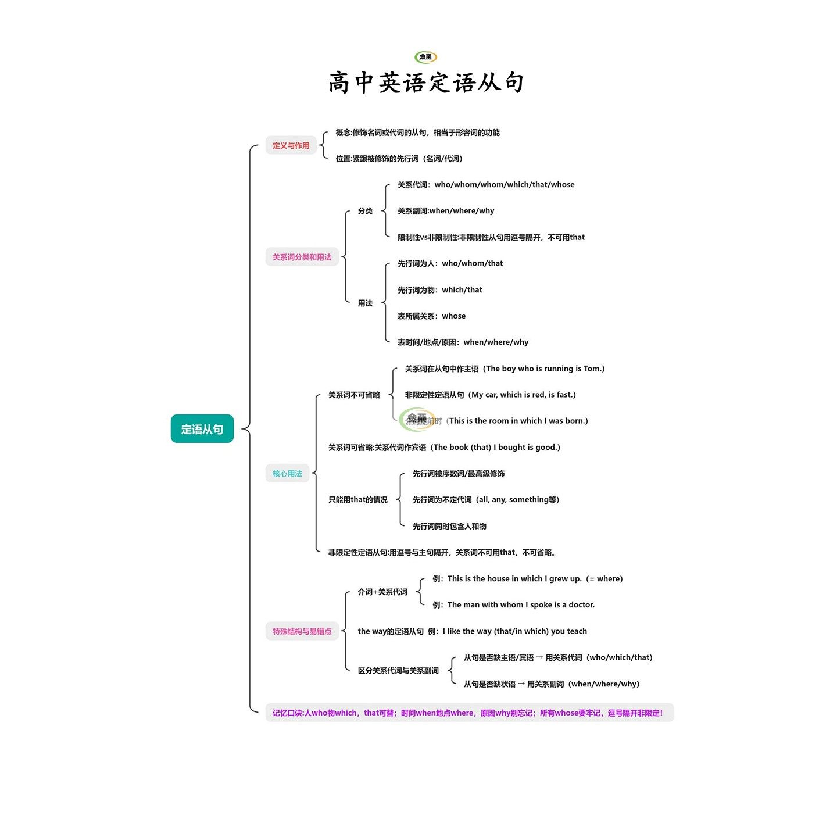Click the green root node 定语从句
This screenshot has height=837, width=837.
[202, 429]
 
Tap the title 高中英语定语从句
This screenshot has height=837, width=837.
[426, 83]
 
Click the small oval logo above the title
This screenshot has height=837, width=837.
[425, 57]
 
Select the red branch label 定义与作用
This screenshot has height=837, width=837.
[291, 145]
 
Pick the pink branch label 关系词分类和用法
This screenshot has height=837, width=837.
[302, 257]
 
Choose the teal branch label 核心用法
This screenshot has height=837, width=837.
[287, 473]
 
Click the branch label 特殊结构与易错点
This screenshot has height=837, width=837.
[302, 631]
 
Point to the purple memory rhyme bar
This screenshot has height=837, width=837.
[469, 713]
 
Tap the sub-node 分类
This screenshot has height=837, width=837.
[365, 210]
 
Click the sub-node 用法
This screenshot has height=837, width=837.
[365, 303]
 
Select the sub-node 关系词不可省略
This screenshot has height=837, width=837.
[354, 395]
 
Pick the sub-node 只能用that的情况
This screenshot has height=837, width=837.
[357, 499]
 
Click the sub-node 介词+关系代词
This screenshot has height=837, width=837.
[382, 592]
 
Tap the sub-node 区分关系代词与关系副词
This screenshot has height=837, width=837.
[398, 670]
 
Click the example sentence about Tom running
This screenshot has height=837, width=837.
[505, 369]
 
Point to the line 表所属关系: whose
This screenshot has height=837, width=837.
[431, 316]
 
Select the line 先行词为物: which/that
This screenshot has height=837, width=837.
[439, 289]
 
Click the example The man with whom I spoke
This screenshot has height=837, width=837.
[514, 604]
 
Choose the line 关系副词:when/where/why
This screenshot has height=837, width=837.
[446, 210]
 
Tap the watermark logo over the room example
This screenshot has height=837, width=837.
[417, 419]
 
